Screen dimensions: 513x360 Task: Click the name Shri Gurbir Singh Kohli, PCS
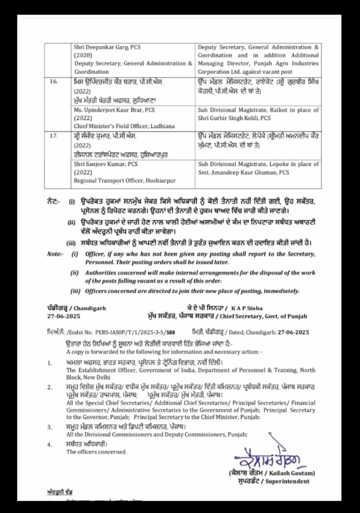coord(234,118)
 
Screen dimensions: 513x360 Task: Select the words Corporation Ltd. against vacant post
coord(245,72)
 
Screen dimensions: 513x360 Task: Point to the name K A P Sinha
coord(247,308)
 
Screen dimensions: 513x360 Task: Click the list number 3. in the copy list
coord(50,427)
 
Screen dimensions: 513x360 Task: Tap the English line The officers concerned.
coord(96,452)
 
